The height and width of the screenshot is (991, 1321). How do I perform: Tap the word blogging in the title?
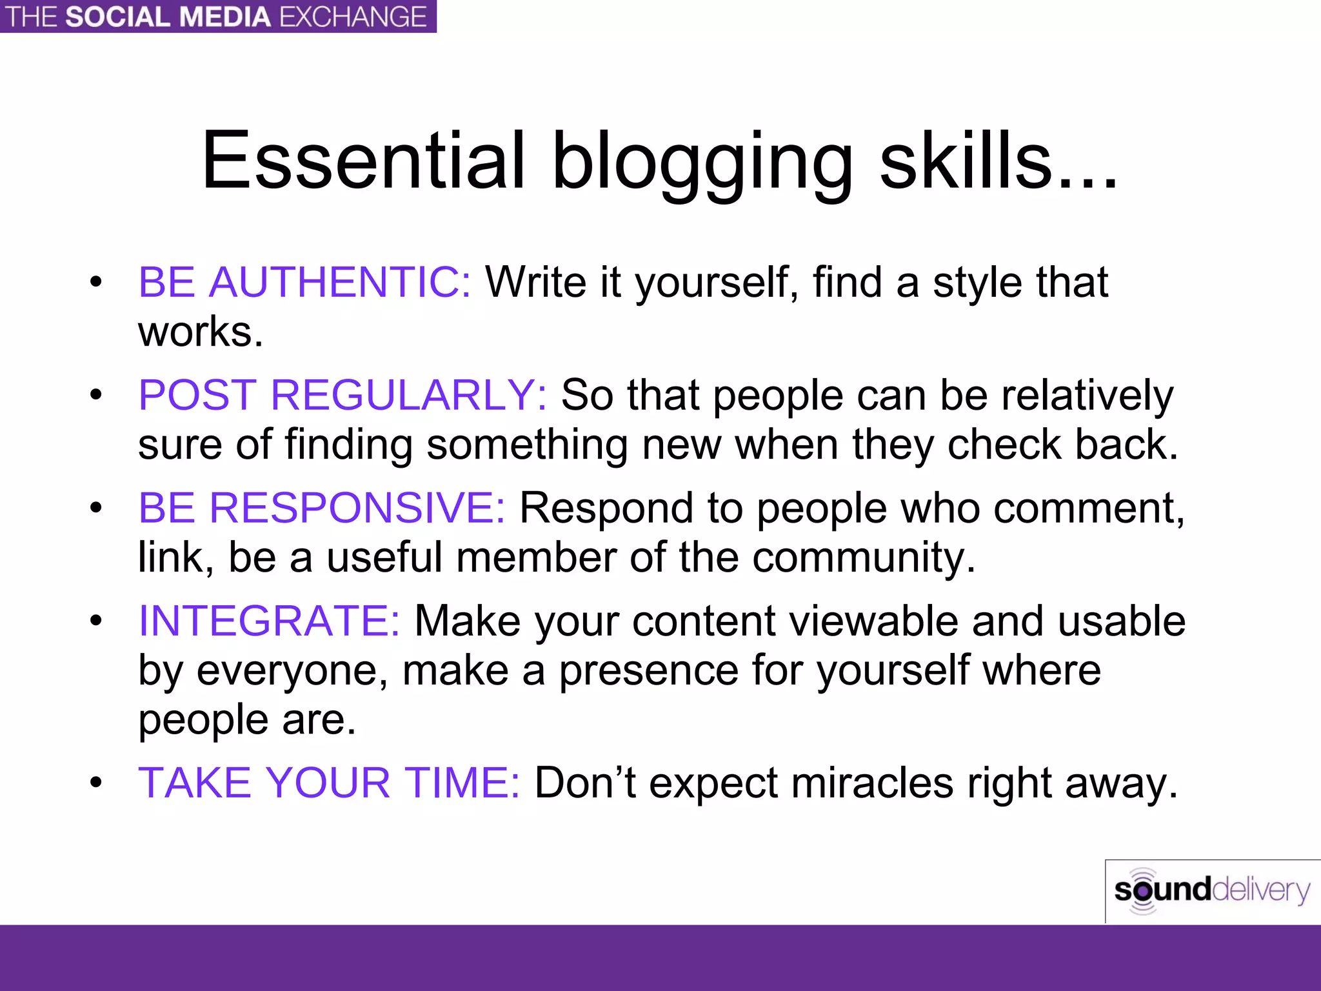703,165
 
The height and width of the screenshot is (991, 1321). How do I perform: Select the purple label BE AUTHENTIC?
304,282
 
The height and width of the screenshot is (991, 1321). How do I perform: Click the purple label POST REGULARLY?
343,395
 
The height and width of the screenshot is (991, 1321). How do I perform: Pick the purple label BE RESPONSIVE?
322,508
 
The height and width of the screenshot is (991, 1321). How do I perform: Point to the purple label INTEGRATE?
269,621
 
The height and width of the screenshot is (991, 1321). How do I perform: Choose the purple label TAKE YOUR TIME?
329,783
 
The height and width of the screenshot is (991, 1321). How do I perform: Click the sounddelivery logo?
1211,891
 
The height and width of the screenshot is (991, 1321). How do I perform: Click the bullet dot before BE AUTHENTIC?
96,282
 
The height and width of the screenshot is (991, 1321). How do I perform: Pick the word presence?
648,671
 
